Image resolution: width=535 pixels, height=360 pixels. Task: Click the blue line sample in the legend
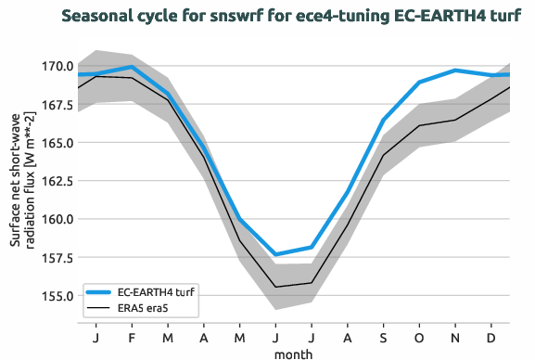101,293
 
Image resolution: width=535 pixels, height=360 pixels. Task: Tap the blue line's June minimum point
275,254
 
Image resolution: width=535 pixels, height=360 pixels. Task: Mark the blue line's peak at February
133,67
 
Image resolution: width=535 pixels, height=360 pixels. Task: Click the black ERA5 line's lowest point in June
275,287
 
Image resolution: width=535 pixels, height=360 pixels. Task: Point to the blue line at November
455,71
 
